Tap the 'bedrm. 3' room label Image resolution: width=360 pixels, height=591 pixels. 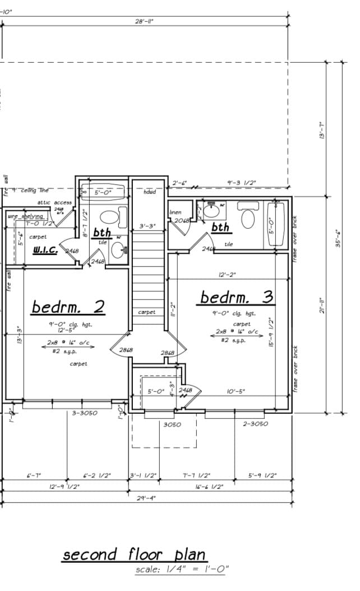pos(236,297)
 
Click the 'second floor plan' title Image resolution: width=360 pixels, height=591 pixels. pos(133,555)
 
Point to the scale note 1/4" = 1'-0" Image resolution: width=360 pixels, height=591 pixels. pos(182,569)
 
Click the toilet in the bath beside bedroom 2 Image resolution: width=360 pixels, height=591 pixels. pos(108,215)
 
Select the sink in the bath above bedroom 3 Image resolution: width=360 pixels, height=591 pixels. pos(211,211)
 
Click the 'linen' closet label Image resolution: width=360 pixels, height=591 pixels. pos(175,213)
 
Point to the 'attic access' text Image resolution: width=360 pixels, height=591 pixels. pos(54,202)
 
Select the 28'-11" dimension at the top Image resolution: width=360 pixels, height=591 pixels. pos(144,21)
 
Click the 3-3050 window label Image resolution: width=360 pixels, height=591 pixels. pos(85,413)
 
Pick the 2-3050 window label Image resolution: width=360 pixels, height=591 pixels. pos(255,423)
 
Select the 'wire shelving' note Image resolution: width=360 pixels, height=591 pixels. pos(25,216)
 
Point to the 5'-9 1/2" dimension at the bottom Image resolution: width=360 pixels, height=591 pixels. pos(262,475)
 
